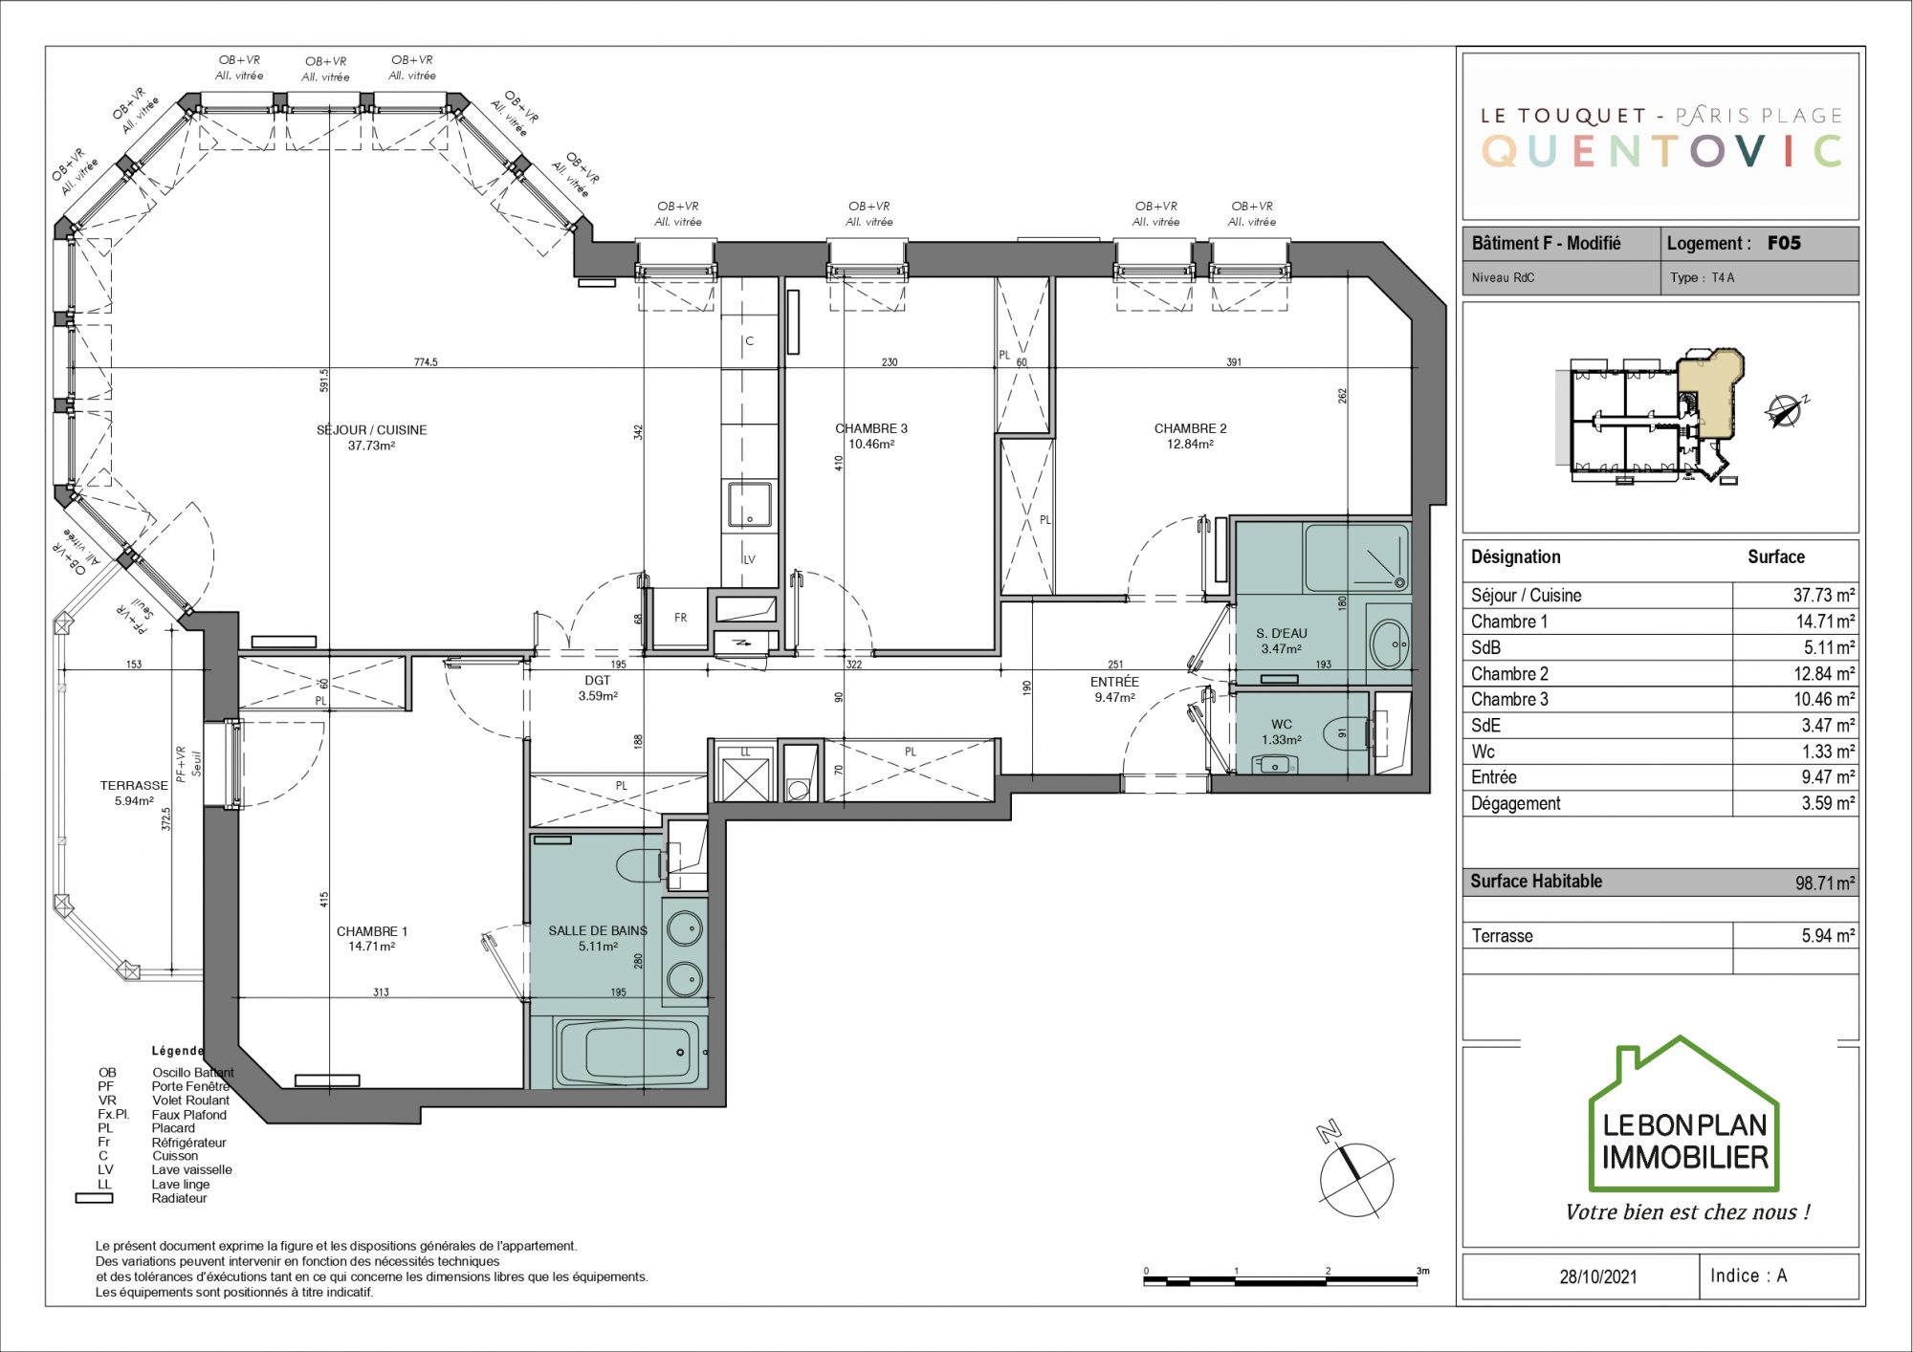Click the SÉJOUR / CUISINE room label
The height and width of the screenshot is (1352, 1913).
point(371,430)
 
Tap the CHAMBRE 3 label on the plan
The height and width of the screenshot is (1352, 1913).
point(870,428)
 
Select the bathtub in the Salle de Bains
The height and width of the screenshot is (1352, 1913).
point(627,1052)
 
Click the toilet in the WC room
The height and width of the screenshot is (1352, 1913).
point(1347,733)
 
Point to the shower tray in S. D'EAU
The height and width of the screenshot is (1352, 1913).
point(1356,557)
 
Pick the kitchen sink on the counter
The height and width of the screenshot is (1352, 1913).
point(750,505)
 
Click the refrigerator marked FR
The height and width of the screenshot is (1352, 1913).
point(680,618)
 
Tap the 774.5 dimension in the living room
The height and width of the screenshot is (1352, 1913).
point(426,362)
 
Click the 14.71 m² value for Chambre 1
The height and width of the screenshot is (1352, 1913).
point(1825,621)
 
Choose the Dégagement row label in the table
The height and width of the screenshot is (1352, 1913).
point(1515,804)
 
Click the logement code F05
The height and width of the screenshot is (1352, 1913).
point(1784,243)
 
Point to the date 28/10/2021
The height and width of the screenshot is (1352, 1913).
point(1598,1276)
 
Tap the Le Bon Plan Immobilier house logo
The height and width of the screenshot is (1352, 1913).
point(1683,1114)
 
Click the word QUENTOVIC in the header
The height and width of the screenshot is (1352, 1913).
point(1661,151)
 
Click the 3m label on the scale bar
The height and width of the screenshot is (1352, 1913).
point(1423,1271)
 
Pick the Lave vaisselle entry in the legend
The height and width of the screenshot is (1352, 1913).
point(191,1170)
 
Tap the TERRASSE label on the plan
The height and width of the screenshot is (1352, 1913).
point(134,786)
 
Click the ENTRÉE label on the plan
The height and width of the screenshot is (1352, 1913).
point(1114,682)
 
